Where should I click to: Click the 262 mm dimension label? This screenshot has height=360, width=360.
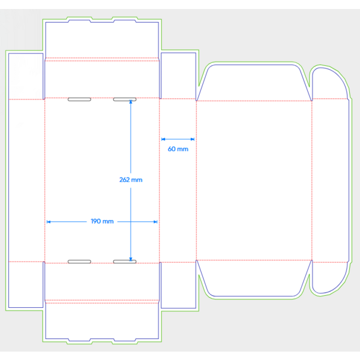131,180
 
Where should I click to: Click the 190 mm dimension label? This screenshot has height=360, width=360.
102,221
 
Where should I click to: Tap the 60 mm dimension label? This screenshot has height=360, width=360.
178,149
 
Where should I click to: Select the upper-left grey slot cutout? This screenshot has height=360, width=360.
79,100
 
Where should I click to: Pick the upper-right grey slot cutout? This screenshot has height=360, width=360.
125,100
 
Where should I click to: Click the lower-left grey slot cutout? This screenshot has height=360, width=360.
79,262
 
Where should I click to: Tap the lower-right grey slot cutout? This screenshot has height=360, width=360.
125,262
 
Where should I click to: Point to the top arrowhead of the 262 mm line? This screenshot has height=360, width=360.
131,102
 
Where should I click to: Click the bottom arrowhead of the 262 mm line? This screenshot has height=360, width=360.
131,259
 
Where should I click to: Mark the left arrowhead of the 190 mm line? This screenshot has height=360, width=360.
49,222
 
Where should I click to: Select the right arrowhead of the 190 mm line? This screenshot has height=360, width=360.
155,222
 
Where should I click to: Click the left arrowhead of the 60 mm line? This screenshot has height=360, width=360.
163,139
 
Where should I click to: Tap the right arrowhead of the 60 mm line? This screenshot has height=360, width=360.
193,139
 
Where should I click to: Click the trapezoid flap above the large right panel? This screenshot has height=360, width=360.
254,83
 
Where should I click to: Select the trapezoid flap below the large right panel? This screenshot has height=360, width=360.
254,278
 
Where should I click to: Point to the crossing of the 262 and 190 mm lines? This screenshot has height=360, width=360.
131,222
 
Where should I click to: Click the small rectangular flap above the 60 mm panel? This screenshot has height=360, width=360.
178,76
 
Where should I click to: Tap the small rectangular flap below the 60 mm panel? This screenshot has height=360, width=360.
178,285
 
